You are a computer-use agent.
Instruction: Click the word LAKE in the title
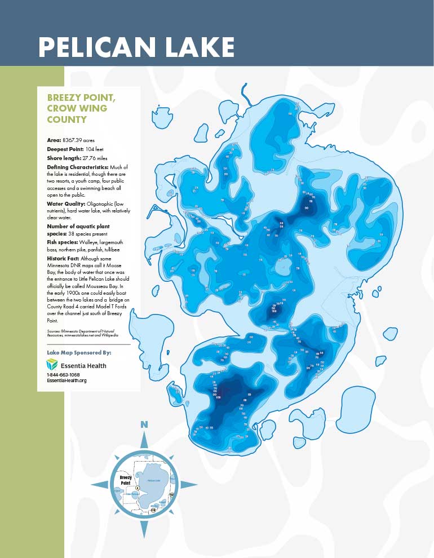point(199,47)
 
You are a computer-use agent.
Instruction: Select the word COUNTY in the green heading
point(67,119)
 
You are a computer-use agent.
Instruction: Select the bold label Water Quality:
point(65,202)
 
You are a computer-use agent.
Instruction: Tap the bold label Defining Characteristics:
point(78,167)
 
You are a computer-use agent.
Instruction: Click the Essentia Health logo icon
point(52,365)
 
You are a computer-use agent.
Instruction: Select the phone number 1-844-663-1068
point(63,374)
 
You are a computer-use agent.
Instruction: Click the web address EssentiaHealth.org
point(67,380)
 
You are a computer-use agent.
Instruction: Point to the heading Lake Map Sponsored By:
point(79,352)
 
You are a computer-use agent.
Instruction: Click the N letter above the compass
point(144,424)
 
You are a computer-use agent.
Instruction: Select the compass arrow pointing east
point(188,484)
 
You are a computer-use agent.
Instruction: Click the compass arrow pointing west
point(100,484)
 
